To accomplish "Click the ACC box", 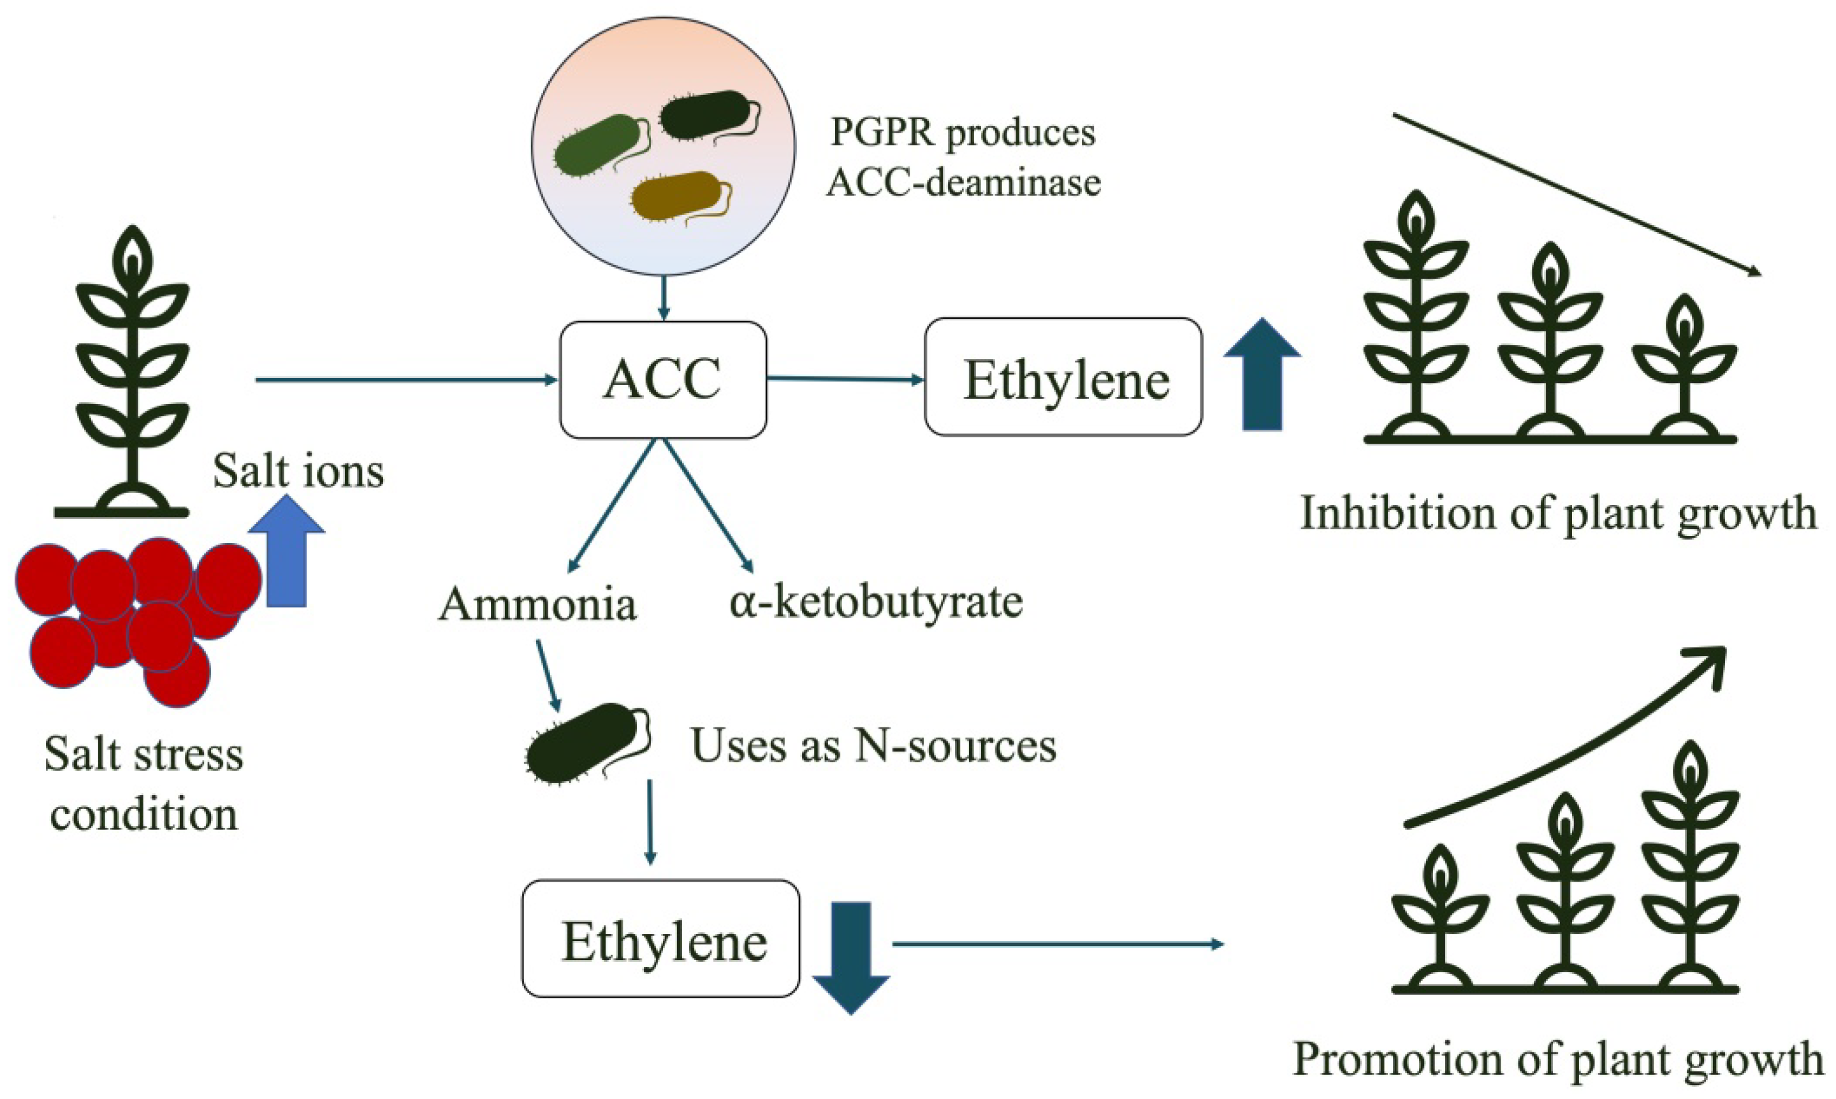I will pos(662,379).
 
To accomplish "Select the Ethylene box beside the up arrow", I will pos(1063,377).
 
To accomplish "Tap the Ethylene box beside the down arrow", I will pos(660,939).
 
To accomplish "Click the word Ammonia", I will pos(537,604).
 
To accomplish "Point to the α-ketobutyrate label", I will pos(875,600).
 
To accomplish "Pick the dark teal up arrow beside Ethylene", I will pos(1262,375).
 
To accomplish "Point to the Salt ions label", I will pos(298,470).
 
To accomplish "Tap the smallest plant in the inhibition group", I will pos(1686,370).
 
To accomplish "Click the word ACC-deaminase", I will pos(963,182).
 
